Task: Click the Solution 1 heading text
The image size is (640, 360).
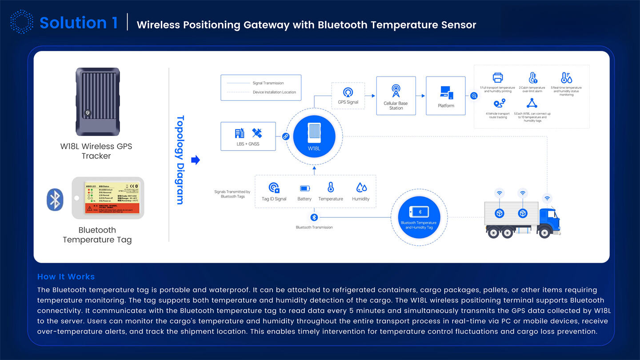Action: coord(79,23)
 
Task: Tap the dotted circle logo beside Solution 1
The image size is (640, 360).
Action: coord(21,22)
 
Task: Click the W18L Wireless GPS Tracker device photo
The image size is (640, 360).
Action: coord(97,101)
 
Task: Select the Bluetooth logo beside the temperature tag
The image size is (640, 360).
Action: coord(55,200)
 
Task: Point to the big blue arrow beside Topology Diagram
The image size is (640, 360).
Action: coord(195,160)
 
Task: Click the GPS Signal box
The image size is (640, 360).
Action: coord(348,96)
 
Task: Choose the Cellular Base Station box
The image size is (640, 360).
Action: coord(396,96)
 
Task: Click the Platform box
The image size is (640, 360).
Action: coord(446,96)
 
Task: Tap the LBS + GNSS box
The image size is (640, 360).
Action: coord(248,136)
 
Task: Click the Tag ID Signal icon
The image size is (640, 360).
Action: coord(274,188)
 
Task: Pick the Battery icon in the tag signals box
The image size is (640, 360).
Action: coord(304,188)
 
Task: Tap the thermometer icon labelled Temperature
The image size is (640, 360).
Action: coord(331,188)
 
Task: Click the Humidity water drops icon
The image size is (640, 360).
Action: coord(360,188)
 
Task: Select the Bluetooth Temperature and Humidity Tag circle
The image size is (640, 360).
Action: coord(418,217)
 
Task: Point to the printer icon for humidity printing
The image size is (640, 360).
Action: coord(498,78)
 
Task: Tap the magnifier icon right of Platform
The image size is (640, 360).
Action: coord(474,96)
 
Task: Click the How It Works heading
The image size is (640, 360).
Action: coord(66,276)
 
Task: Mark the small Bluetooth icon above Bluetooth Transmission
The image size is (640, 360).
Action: coord(314,217)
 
